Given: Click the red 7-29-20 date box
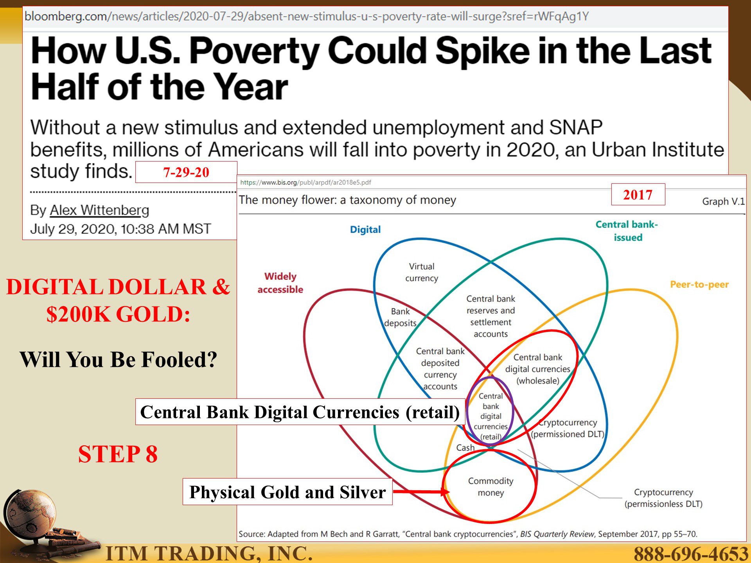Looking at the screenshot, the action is point(186,172).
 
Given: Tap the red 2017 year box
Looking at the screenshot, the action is point(638,194).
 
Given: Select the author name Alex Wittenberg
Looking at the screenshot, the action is point(99,210).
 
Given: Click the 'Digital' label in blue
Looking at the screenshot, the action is point(365,230).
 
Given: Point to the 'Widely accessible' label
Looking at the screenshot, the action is point(280,283).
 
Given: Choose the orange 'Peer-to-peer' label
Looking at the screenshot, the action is point(699,284).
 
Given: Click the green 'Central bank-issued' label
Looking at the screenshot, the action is point(627,231).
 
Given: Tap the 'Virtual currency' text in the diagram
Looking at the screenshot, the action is point(422,272).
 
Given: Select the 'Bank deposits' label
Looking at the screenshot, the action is point(400,317).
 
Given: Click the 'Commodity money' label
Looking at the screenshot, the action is point(490,487).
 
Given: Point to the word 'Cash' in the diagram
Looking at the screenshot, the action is point(465,448).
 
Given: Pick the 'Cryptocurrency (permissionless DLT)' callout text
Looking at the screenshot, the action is point(663,498).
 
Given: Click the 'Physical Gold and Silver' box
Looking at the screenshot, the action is point(287,492).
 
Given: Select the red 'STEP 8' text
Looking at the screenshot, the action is point(118,454).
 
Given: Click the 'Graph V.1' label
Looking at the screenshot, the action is point(723,201).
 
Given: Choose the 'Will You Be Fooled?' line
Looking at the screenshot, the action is point(118,360).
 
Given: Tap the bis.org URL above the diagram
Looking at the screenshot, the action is point(305,182).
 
